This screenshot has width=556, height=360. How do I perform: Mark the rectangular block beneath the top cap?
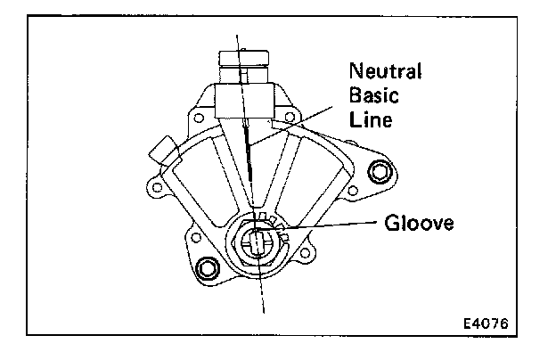(242, 99)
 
